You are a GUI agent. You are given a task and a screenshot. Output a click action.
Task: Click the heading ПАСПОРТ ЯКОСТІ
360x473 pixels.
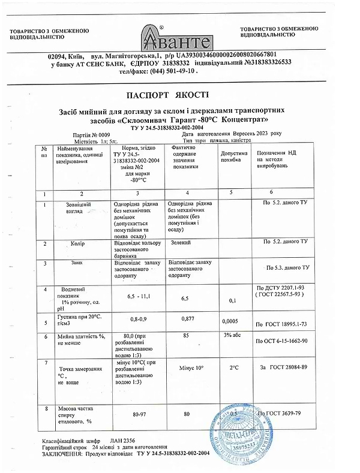168,95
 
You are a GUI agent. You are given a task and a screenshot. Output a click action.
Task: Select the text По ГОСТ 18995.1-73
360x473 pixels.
282,324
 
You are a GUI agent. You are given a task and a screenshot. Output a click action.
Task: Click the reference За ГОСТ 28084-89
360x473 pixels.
283,367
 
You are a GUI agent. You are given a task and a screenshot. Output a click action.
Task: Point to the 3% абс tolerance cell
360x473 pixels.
232,336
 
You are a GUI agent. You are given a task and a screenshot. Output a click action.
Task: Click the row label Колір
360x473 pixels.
78,245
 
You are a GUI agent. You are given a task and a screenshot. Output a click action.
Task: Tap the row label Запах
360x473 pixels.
77,263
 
